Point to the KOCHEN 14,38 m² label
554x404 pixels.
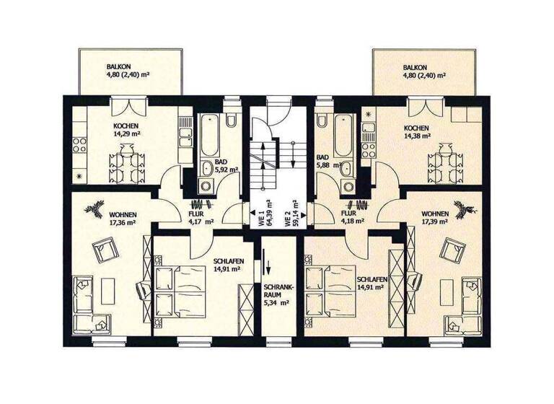(x=416, y=131)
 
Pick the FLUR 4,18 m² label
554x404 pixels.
(x=351, y=217)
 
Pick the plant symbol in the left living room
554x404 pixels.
(x=94, y=209)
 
